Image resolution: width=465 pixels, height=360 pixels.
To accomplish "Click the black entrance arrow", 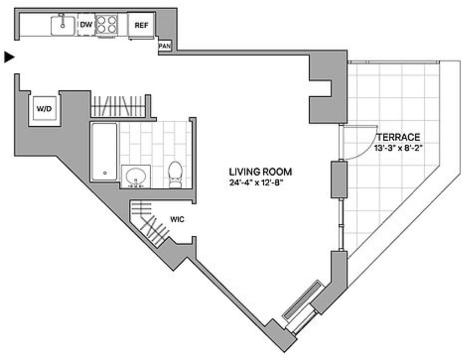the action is [9, 57].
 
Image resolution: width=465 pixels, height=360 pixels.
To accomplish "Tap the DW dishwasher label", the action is [86, 25].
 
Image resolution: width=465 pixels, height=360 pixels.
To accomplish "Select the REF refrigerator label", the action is [141, 25].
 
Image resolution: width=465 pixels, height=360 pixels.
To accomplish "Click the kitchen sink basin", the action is [63, 25].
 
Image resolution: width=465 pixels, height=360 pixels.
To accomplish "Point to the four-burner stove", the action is [107, 25].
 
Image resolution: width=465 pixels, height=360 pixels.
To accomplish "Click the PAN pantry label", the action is [164, 46].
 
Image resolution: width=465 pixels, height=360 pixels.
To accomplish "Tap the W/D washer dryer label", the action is [44, 109].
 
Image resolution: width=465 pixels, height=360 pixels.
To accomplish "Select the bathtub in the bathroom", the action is [104, 152].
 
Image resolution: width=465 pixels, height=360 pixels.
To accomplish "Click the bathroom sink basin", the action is [136, 177].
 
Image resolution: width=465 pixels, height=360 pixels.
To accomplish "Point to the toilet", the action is [175, 174].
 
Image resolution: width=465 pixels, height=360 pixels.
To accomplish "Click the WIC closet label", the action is [177, 219].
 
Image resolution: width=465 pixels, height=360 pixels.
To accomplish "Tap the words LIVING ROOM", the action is [260, 172].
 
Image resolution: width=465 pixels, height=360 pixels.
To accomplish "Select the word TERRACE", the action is [398, 137].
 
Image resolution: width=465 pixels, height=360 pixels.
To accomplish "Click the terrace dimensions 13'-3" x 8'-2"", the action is [398, 148].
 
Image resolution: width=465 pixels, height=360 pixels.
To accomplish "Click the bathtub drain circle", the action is [105, 173].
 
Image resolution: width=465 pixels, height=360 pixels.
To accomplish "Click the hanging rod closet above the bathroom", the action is [119, 106].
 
